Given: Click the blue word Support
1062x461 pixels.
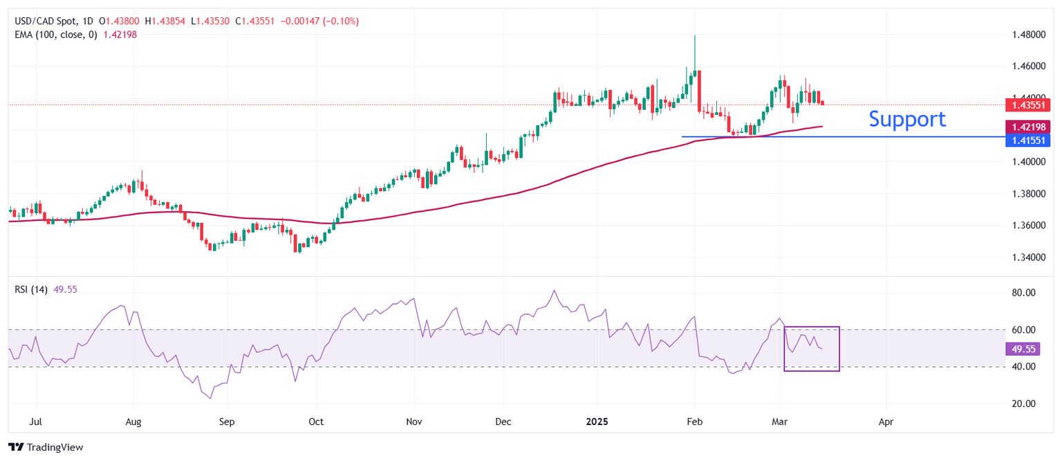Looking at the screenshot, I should point(906,119).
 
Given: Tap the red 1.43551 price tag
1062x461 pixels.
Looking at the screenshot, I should point(1029,105).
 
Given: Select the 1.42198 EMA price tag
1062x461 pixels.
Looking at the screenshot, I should point(1029,127).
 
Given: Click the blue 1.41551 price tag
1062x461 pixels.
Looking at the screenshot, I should point(1029,140).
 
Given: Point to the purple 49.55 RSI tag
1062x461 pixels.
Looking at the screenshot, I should point(1023,350).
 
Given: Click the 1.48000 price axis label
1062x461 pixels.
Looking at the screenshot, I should point(1028,35).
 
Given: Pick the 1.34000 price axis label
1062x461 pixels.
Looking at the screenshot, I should point(1028,257).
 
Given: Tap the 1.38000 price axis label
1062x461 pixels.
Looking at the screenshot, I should point(1028,194).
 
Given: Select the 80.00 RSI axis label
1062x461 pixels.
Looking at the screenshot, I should point(1024,293).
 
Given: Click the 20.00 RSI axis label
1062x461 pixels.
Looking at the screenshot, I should point(1024,404).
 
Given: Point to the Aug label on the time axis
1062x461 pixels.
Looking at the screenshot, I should point(134,420).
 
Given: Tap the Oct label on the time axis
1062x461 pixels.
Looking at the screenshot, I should point(315,420).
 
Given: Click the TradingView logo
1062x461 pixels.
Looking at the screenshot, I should point(46,447).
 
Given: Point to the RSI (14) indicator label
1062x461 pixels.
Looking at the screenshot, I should point(31,289).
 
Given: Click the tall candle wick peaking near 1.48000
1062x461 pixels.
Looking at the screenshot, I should point(694,52).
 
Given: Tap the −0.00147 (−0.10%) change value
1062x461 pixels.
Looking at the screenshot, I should point(319,21).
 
